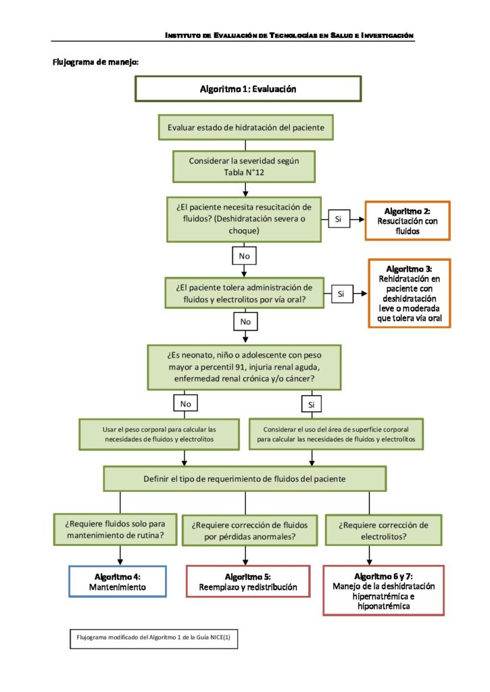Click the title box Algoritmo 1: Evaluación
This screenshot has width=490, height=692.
[x=248, y=89]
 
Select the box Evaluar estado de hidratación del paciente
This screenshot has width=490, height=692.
[x=246, y=128]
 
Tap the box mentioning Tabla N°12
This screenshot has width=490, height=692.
[x=244, y=166]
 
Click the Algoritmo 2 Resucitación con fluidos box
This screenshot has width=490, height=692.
[x=408, y=221]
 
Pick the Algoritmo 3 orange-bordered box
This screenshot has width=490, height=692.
[x=410, y=293]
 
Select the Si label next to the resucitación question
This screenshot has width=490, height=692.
[x=339, y=219]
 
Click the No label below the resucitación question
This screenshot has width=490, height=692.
[x=244, y=256]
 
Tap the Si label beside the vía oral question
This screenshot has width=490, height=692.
[x=342, y=294]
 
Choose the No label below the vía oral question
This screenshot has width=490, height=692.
[x=245, y=322]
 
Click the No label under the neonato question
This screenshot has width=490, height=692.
[x=185, y=403]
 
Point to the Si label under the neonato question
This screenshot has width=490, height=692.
[x=312, y=404]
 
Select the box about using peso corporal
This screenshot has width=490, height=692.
[x=160, y=435]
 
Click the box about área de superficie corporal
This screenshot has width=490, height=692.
[x=337, y=435]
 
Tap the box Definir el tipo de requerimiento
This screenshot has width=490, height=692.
[x=245, y=479]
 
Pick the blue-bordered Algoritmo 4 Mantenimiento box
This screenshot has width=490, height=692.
[x=118, y=582]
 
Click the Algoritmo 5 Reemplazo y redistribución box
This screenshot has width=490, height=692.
[x=248, y=582]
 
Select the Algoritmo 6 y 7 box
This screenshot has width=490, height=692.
[x=384, y=591]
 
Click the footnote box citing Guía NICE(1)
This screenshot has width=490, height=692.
[x=153, y=639]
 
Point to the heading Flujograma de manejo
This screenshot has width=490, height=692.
[x=95, y=62]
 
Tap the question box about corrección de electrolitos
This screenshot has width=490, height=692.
[x=384, y=530]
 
